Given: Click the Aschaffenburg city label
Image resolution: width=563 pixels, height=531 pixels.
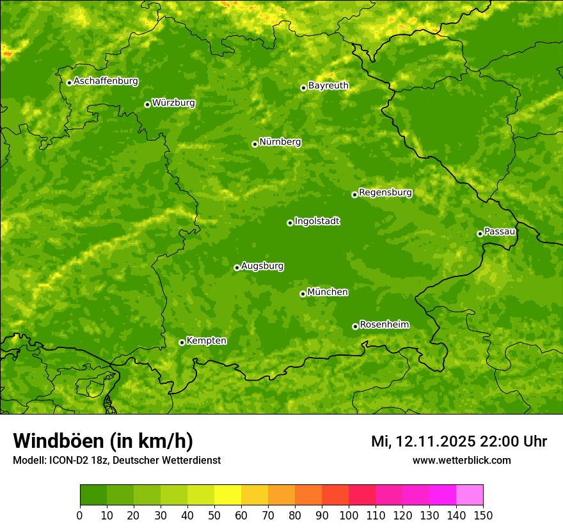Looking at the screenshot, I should coord(106,81).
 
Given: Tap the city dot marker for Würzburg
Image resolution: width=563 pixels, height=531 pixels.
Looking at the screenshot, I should coord(147,104).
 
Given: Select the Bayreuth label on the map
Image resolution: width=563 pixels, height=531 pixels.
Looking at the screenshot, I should coord(328,86).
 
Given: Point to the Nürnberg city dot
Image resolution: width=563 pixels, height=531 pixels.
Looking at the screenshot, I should coord(255,144).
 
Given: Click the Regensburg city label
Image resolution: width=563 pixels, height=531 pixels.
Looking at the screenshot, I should coord(385,193).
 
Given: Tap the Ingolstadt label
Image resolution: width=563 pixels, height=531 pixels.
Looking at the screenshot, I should coord(317,221).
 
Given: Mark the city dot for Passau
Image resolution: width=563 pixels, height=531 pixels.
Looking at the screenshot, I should coord(480,234).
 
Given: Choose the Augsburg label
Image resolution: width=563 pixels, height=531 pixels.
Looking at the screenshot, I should coord(262,266).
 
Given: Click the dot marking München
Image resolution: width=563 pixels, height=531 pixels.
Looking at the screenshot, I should coord(303,294).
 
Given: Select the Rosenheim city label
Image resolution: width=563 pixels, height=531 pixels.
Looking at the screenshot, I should coord(384,325).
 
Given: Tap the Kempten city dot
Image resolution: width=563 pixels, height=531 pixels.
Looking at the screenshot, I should coord(182,342).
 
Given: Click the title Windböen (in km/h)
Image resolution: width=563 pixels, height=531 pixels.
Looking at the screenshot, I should coord(103,441).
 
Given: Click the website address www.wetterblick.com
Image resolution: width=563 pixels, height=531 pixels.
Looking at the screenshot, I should coord(461,460).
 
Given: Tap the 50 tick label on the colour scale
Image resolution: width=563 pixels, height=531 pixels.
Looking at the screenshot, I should coord(214,516).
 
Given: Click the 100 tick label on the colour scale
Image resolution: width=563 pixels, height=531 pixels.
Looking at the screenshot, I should coord(349,516).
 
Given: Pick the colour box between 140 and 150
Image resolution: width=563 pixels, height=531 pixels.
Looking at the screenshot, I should coord(470,495).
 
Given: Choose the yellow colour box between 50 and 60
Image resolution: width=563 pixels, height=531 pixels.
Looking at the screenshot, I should coord(228,495).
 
